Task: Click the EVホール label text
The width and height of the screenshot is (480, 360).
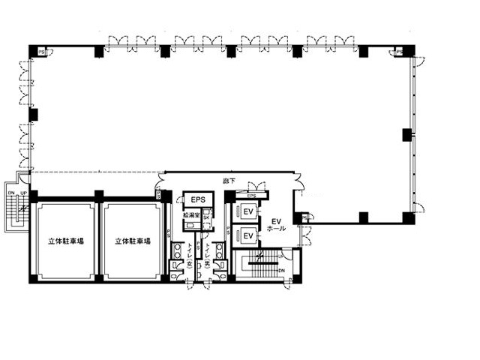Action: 275,226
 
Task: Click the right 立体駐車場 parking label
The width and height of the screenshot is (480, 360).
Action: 133,241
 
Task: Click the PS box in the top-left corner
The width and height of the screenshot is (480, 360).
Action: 41,52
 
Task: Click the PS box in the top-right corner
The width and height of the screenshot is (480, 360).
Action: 399,52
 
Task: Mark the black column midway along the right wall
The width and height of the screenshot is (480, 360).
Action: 407,136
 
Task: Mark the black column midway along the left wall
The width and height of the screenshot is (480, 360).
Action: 33,115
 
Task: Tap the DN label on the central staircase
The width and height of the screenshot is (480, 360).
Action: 282,270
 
